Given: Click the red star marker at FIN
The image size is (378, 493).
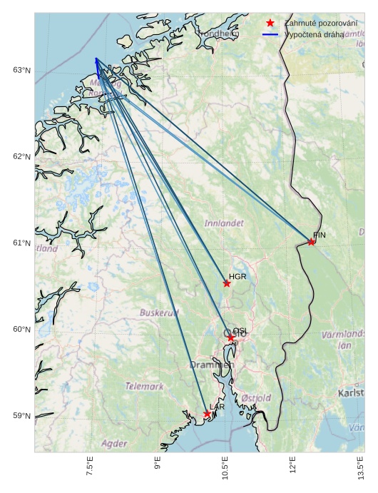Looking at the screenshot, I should pyautogui.click(x=312, y=242).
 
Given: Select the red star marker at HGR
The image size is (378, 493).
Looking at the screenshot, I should pyautogui.click(x=227, y=283).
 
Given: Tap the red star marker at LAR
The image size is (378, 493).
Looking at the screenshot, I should pyautogui.click(x=207, y=414).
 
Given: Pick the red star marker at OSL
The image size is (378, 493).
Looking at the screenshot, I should pyautogui.click(x=230, y=337).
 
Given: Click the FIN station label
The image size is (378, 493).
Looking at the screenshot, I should pyautogui.click(x=319, y=235).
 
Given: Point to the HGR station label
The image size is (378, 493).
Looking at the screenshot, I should pyautogui.click(x=237, y=276).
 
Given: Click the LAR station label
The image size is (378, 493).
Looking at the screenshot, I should pyautogui.click(x=217, y=407).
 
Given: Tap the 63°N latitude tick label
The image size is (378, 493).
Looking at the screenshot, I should pyautogui.click(x=22, y=70).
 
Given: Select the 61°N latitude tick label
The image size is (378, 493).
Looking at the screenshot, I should pyautogui.click(x=22, y=243).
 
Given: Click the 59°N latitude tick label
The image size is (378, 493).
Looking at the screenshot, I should pyautogui.click(x=22, y=416).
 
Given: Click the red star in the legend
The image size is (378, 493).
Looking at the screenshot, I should pyautogui.click(x=270, y=23).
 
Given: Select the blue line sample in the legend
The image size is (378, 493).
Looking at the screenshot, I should pyautogui.click(x=270, y=34).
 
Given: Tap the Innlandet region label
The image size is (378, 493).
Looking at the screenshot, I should pyautogui.click(x=224, y=223).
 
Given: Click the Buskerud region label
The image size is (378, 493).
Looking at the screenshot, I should pyautogui.click(x=159, y=312).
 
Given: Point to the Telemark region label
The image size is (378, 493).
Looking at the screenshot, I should pyautogui.click(x=144, y=386).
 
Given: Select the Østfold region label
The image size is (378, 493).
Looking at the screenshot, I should pyautogui.click(x=256, y=397).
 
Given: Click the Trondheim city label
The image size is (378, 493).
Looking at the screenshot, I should pyautogui.click(x=218, y=34).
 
